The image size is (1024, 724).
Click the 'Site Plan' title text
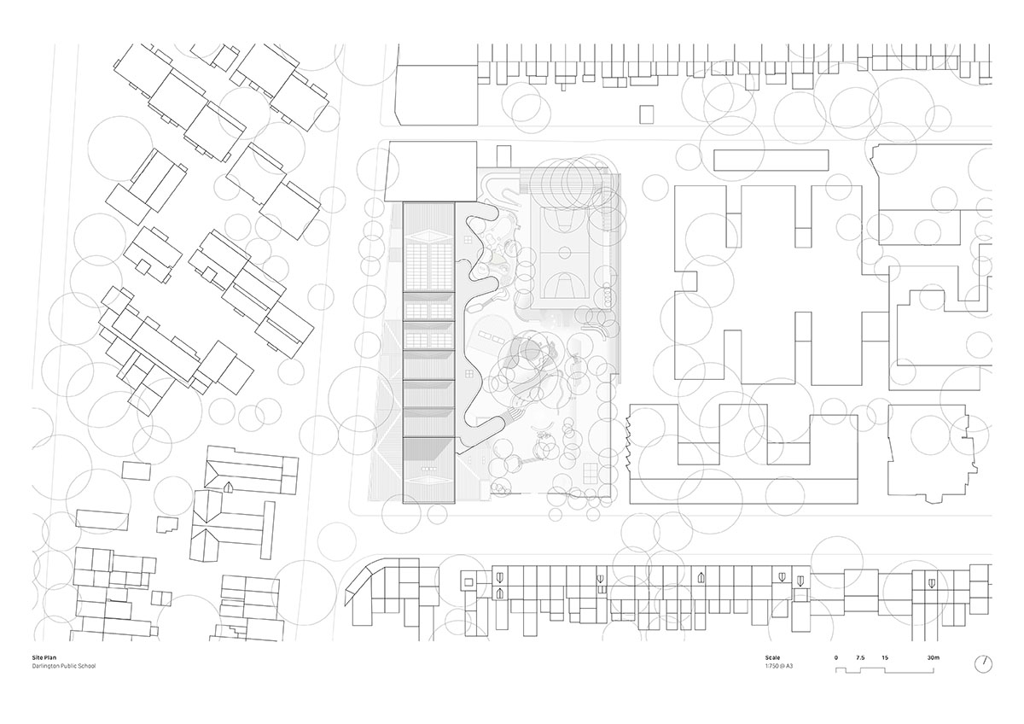coord(42,657)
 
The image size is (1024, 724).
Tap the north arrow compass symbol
coord(985,663)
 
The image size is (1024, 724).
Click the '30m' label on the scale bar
coord(933,657)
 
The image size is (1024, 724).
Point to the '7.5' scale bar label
coord(860,657)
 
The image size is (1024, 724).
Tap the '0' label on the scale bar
coord(836,657)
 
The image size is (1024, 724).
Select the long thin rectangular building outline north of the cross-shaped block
coord(771,160)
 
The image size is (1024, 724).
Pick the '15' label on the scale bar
coord(885,657)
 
